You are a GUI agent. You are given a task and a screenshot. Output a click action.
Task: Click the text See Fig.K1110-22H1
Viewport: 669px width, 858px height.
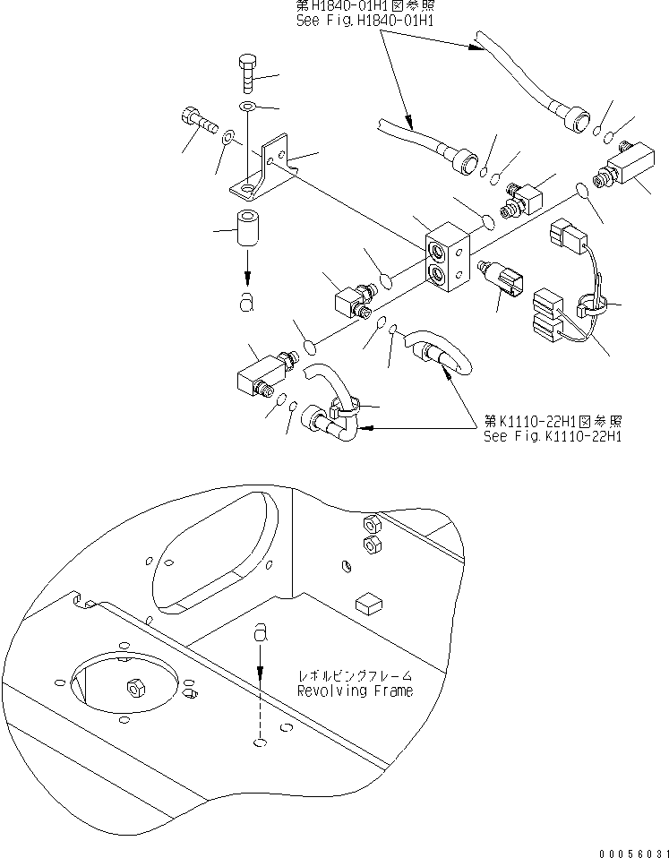click(553, 436)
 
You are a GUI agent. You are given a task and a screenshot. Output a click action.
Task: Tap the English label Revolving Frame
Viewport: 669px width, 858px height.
click(355, 691)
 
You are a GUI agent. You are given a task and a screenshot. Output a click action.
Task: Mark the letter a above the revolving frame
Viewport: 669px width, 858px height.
click(261, 633)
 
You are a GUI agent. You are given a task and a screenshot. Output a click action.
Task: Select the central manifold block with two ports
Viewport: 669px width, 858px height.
click(445, 258)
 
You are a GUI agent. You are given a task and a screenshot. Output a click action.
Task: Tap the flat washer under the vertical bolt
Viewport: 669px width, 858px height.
click(247, 109)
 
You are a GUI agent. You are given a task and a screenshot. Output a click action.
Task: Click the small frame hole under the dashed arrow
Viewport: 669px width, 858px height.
click(260, 742)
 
